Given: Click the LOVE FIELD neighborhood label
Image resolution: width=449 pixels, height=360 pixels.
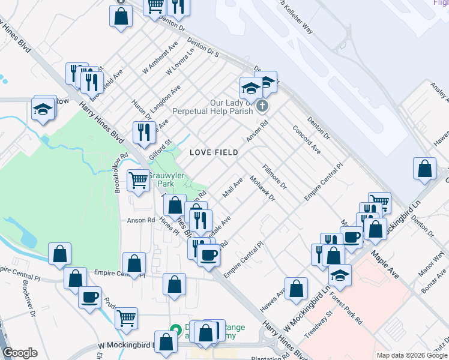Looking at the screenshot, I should coord(214,152).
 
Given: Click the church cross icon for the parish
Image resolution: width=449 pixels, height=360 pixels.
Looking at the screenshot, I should coord(261,106).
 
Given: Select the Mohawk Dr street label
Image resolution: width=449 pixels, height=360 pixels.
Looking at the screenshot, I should coord(262,188).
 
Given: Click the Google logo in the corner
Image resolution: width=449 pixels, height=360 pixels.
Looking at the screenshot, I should coord(20,353).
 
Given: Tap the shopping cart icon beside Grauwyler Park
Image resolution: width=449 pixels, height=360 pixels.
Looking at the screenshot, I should coord(139,179).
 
